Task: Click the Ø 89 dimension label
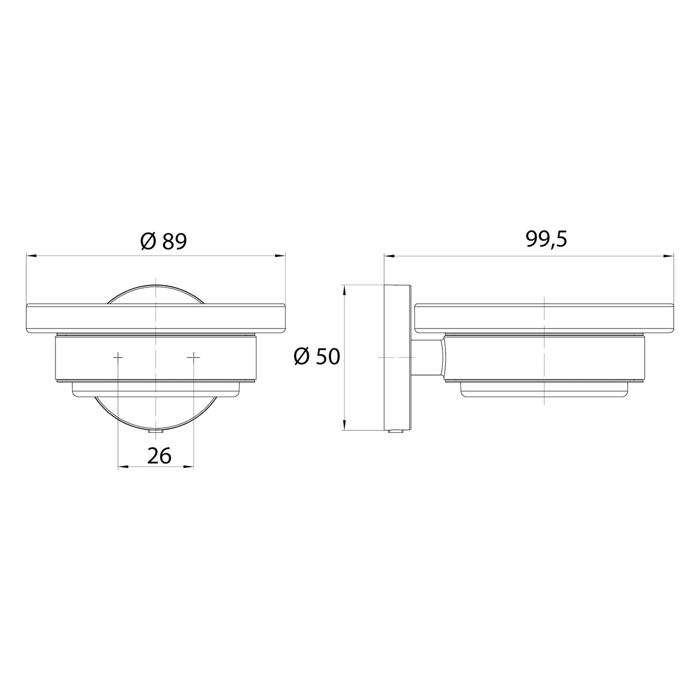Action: tap(163, 241)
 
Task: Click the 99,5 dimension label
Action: tap(546, 239)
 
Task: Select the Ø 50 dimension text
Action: tap(317, 357)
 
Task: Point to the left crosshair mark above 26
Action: tap(118, 357)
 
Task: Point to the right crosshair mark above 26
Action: tap(194, 357)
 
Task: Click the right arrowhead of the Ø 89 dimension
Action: tap(280, 255)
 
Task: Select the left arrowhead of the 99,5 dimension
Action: tap(389, 255)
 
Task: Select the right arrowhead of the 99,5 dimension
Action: tap(669, 255)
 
